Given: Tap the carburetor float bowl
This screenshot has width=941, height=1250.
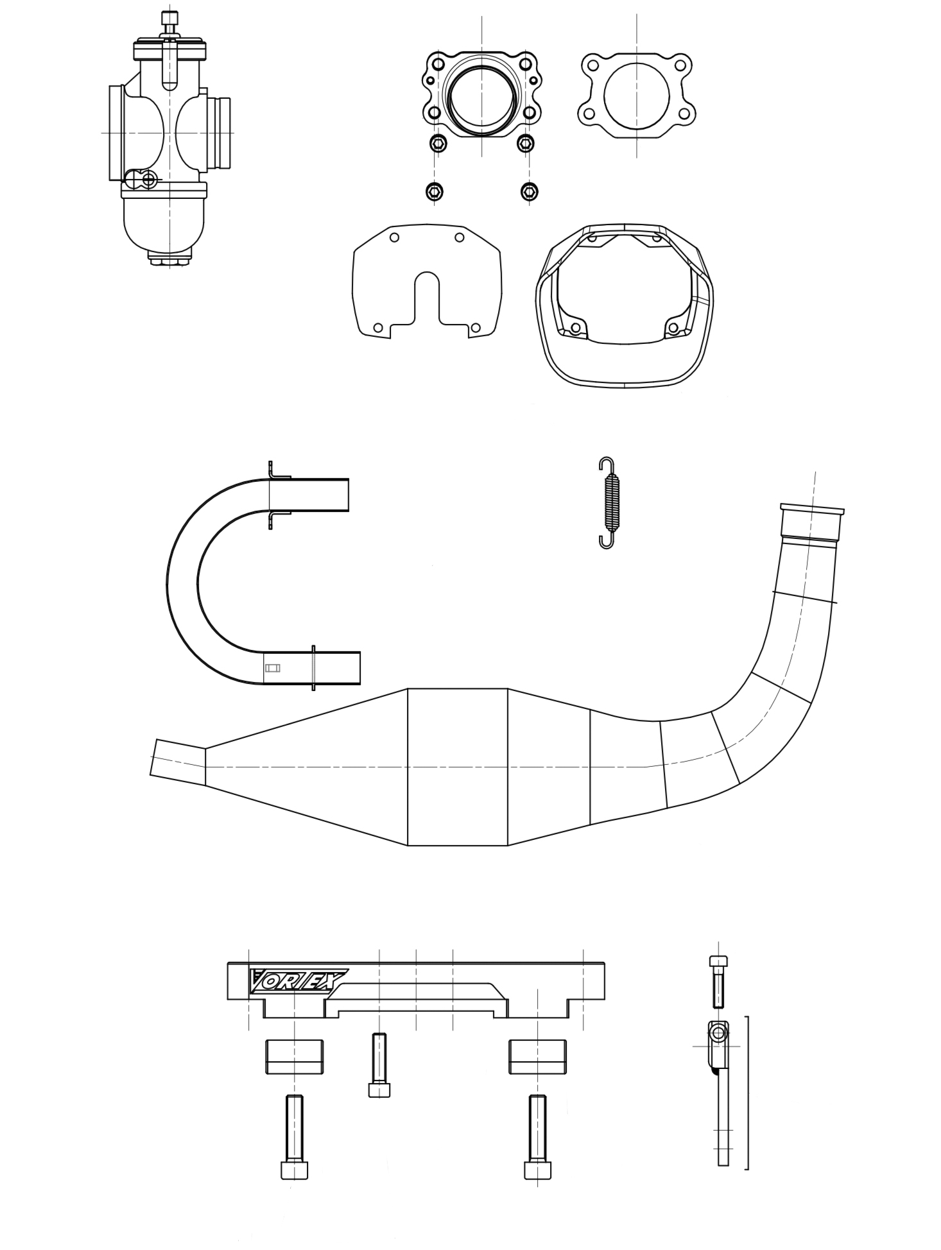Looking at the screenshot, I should point(166,225).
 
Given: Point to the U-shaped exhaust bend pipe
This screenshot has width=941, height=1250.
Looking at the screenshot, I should point(183,581).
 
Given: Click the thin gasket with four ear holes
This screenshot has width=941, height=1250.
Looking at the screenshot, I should point(636,96).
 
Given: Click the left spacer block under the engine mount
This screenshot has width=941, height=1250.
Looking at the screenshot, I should point(294,1056).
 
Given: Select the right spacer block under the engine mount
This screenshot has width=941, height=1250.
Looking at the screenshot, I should point(537,1056).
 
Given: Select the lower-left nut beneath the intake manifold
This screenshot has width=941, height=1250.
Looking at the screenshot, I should point(435,191).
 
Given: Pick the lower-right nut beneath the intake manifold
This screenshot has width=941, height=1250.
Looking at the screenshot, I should point(529,191).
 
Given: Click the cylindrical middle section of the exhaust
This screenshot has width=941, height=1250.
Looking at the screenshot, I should point(457,767).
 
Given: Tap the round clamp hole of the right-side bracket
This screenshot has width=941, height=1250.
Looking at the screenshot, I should point(718,1033).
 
